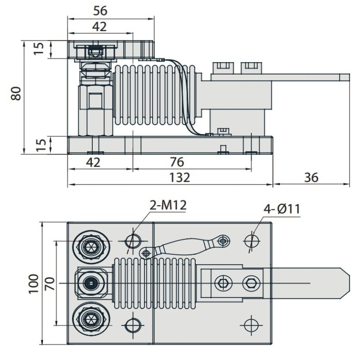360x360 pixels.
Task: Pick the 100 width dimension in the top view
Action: tap(34, 283)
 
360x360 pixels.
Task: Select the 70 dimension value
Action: tap(49, 283)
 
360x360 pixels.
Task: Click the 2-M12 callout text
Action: tap(167, 206)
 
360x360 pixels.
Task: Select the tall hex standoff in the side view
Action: tap(95, 106)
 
